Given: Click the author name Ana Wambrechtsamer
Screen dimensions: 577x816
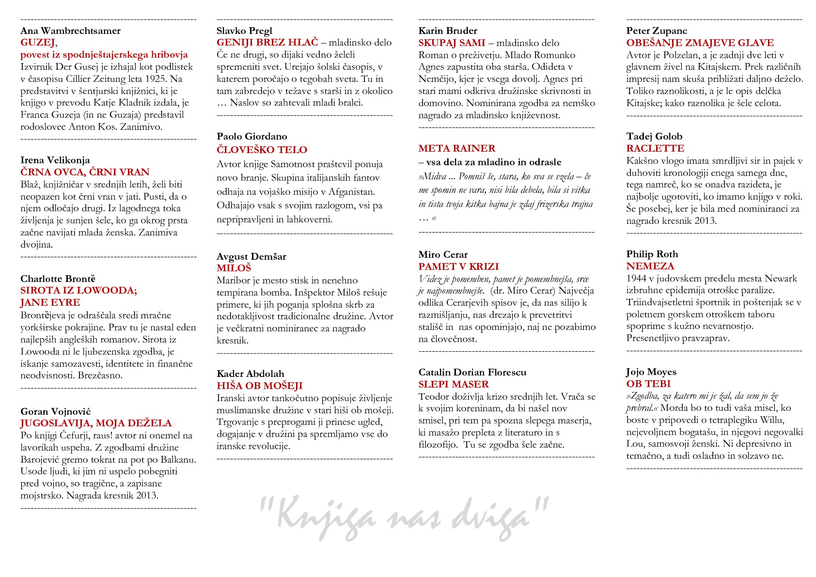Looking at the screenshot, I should pyautogui.click(x=70, y=31).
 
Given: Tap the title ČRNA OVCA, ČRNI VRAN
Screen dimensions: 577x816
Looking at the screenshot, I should pyautogui.click(x=85, y=172).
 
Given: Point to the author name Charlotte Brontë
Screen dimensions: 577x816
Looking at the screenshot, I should pyautogui.click(x=58, y=279).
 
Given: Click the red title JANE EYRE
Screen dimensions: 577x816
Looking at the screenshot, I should pyautogui.click(x=50, y=303).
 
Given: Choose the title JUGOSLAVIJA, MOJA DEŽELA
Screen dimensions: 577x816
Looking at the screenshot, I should pyautogui.click(x=96, y=423).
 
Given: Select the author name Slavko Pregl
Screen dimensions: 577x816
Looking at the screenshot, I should pyautogui.click(x=244, y=31).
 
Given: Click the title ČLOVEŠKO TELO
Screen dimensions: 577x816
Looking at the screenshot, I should pyautogui.click(x=262, y=150).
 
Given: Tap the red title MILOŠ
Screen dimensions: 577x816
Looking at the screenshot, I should pyautogui.click(x=234, y=268).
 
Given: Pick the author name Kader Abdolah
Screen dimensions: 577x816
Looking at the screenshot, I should pyautogui.click(x=250, y=374).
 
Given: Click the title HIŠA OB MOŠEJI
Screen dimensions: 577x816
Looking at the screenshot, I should pyautogui.click(x=259, y=386).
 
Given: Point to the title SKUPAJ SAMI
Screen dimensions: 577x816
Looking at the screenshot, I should pyautogui.click(x=452, y=43).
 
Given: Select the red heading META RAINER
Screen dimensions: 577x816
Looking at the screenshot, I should pyautogui.click(x=456, y=148).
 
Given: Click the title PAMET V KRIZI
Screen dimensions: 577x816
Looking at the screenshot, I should pyautogui.click(x=458, y=266).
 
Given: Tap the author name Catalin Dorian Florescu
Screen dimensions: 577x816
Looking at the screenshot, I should pyautogui.click(x=472, y=372).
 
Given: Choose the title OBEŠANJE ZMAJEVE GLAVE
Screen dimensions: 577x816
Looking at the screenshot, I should pyautogui.click(x=700, y=43).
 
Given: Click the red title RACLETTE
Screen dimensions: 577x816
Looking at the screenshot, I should pyautogui.click(x=655, y=148).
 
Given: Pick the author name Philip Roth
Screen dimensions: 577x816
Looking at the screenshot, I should pyautogui.click(x=652, y=254).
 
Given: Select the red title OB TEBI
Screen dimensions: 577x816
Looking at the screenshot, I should pyautogui.click(x=648, y=384).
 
